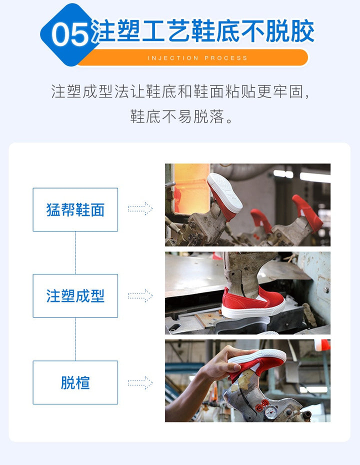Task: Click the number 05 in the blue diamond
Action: (x=70, y=34)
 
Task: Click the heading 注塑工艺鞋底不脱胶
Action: (x=203, y=31)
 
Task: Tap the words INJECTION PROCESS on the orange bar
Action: (x=197, y=58)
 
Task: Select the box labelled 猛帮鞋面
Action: (x=75, y=209)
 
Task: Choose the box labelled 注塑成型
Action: (x=75, y=296)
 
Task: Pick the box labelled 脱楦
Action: (x=75, y=382)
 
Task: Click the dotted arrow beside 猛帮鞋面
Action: (x=140, y=209)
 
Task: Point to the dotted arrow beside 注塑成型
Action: (x=140, y=295)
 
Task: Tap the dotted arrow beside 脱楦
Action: (x=140, y=382)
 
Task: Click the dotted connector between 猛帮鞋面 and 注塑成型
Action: (x=75, y=252)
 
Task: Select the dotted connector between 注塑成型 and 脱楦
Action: (x=75, y=339)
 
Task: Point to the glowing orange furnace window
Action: (x=191, y=188)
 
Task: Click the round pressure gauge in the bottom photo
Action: (x=270, y=412)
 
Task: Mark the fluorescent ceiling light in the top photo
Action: (x=315, y=177)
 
